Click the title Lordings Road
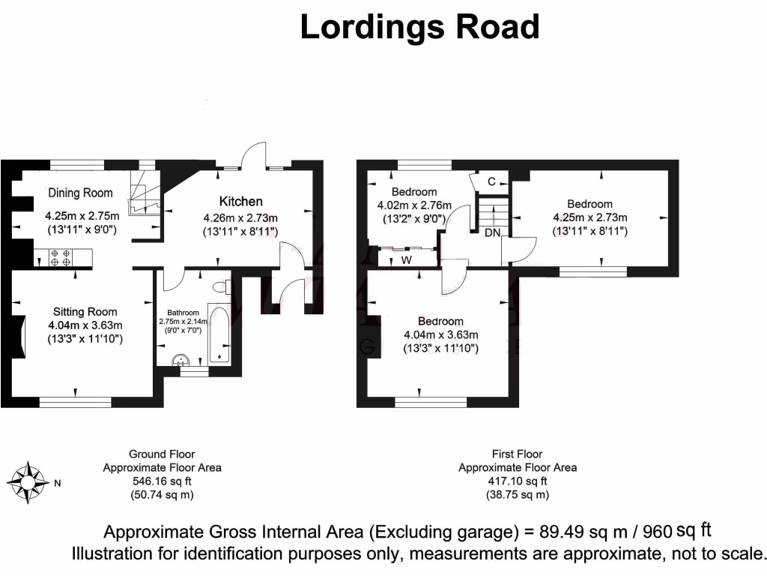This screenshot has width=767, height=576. [x=419, y=28]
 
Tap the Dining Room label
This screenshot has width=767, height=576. [x=80, y=193]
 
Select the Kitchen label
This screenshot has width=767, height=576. [x=240, y=201]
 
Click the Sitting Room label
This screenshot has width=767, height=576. [x=85, y=311]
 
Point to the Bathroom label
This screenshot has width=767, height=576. [x=183, y=312]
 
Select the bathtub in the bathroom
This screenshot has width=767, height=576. [x=219, y=334]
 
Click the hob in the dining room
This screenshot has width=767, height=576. [x=61, y=258]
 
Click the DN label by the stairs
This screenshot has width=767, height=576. [x=492, y=233]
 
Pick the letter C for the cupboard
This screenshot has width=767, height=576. [x=491, y=181]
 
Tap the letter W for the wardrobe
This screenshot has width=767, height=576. [x=405, y=260]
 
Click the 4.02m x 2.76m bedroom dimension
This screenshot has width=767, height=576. [x=413, y=205]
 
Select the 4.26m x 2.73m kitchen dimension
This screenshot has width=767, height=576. [x=240, y=218]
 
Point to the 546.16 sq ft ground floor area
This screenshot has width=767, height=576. [x=161, y=481]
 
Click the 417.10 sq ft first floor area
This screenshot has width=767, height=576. [x=517, y=481]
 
